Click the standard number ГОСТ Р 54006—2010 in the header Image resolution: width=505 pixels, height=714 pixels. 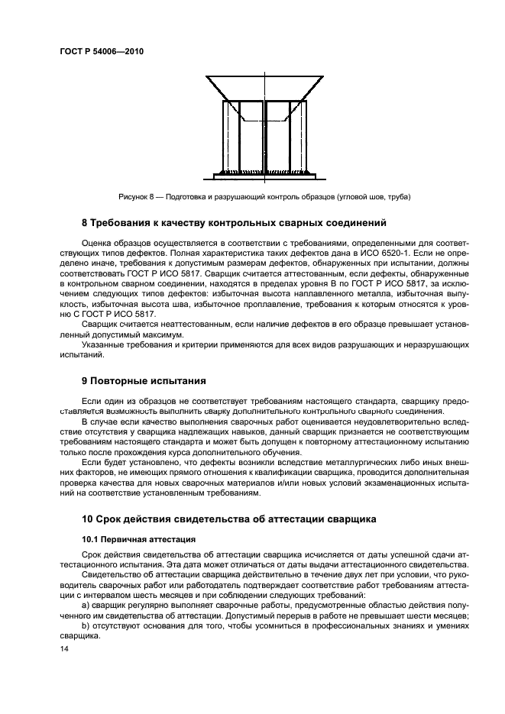[x=101, y=52]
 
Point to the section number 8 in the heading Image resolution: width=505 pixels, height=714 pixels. [x=85, y=224]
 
